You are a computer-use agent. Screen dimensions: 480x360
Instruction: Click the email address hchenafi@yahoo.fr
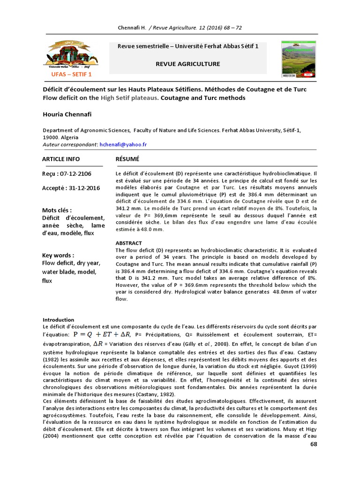click(x=123, y=145)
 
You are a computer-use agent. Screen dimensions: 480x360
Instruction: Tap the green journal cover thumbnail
click(x=298, y=59)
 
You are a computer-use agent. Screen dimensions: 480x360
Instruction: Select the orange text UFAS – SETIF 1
click(x=71, y=74)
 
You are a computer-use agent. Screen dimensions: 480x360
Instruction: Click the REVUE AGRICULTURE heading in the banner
click(x=187, y=64)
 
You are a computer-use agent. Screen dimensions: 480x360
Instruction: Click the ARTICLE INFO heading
click(x=61, y=159)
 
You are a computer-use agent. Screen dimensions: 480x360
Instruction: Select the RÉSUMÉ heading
click(x=127, y=159)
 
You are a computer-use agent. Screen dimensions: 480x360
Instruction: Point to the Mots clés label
click(x=57, y=210)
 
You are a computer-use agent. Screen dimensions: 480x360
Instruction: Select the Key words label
click(x=58, y=255)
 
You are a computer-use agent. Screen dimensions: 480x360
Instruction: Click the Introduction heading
click(x=59, y=320)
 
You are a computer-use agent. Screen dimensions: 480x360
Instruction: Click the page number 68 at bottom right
click(x=314, y=444)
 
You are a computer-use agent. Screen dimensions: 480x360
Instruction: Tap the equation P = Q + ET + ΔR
click(x=102, y=334)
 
